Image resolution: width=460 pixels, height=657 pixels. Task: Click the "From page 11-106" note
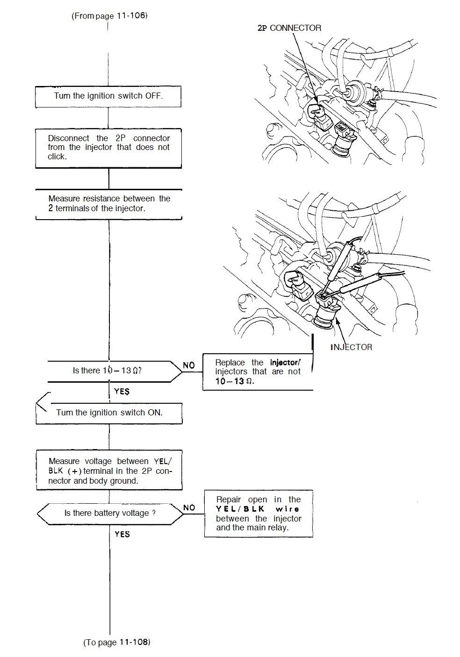click(109, 15)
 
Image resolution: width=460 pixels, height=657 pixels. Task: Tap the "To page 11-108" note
click(117, 642)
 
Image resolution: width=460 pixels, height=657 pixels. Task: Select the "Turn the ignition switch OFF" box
click(108, 96)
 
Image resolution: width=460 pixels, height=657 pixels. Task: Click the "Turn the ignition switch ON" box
click(109, 413)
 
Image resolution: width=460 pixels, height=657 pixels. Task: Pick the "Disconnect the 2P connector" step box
click(108, 147)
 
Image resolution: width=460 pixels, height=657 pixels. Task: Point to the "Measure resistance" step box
click(109, 204)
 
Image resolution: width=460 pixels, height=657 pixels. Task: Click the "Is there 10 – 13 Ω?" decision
click(108, 371)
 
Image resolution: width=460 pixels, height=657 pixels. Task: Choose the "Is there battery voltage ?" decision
click(110, 513)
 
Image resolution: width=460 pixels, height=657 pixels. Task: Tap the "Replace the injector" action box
click(258, 371)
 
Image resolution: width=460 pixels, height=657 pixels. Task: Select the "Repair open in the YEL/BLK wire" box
click(259, 514)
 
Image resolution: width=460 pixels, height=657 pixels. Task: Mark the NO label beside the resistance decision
click(189, 365)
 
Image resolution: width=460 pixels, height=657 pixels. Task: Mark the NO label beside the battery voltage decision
click(189, 507)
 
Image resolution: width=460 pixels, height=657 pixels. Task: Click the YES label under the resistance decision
click(122, 392)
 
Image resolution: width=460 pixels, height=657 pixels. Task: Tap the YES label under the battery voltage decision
click(122, 534)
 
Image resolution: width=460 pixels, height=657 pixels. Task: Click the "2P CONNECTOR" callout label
click(289, 28)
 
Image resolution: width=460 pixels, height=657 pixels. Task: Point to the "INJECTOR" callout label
click(351, 347)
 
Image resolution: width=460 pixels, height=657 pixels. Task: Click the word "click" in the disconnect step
click(57, 157)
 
